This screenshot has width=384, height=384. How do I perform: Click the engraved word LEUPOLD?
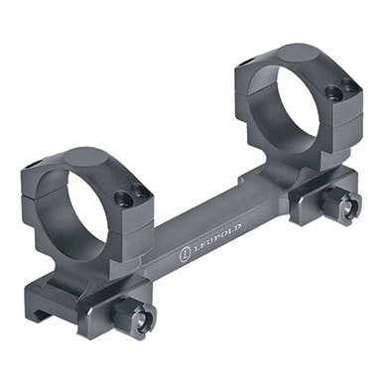(210, 240)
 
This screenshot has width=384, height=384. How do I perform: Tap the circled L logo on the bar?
(184, 255)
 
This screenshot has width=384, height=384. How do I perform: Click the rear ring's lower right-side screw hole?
(337, 95)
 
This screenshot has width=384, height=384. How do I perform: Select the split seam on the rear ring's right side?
(347, 112)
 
